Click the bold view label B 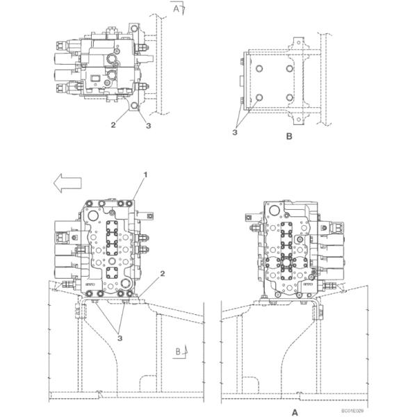[x=289, y=137]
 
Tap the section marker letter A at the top [x=177, y=9]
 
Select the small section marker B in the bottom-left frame [x=178, y=352]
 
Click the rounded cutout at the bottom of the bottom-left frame [x=149, y=383]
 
